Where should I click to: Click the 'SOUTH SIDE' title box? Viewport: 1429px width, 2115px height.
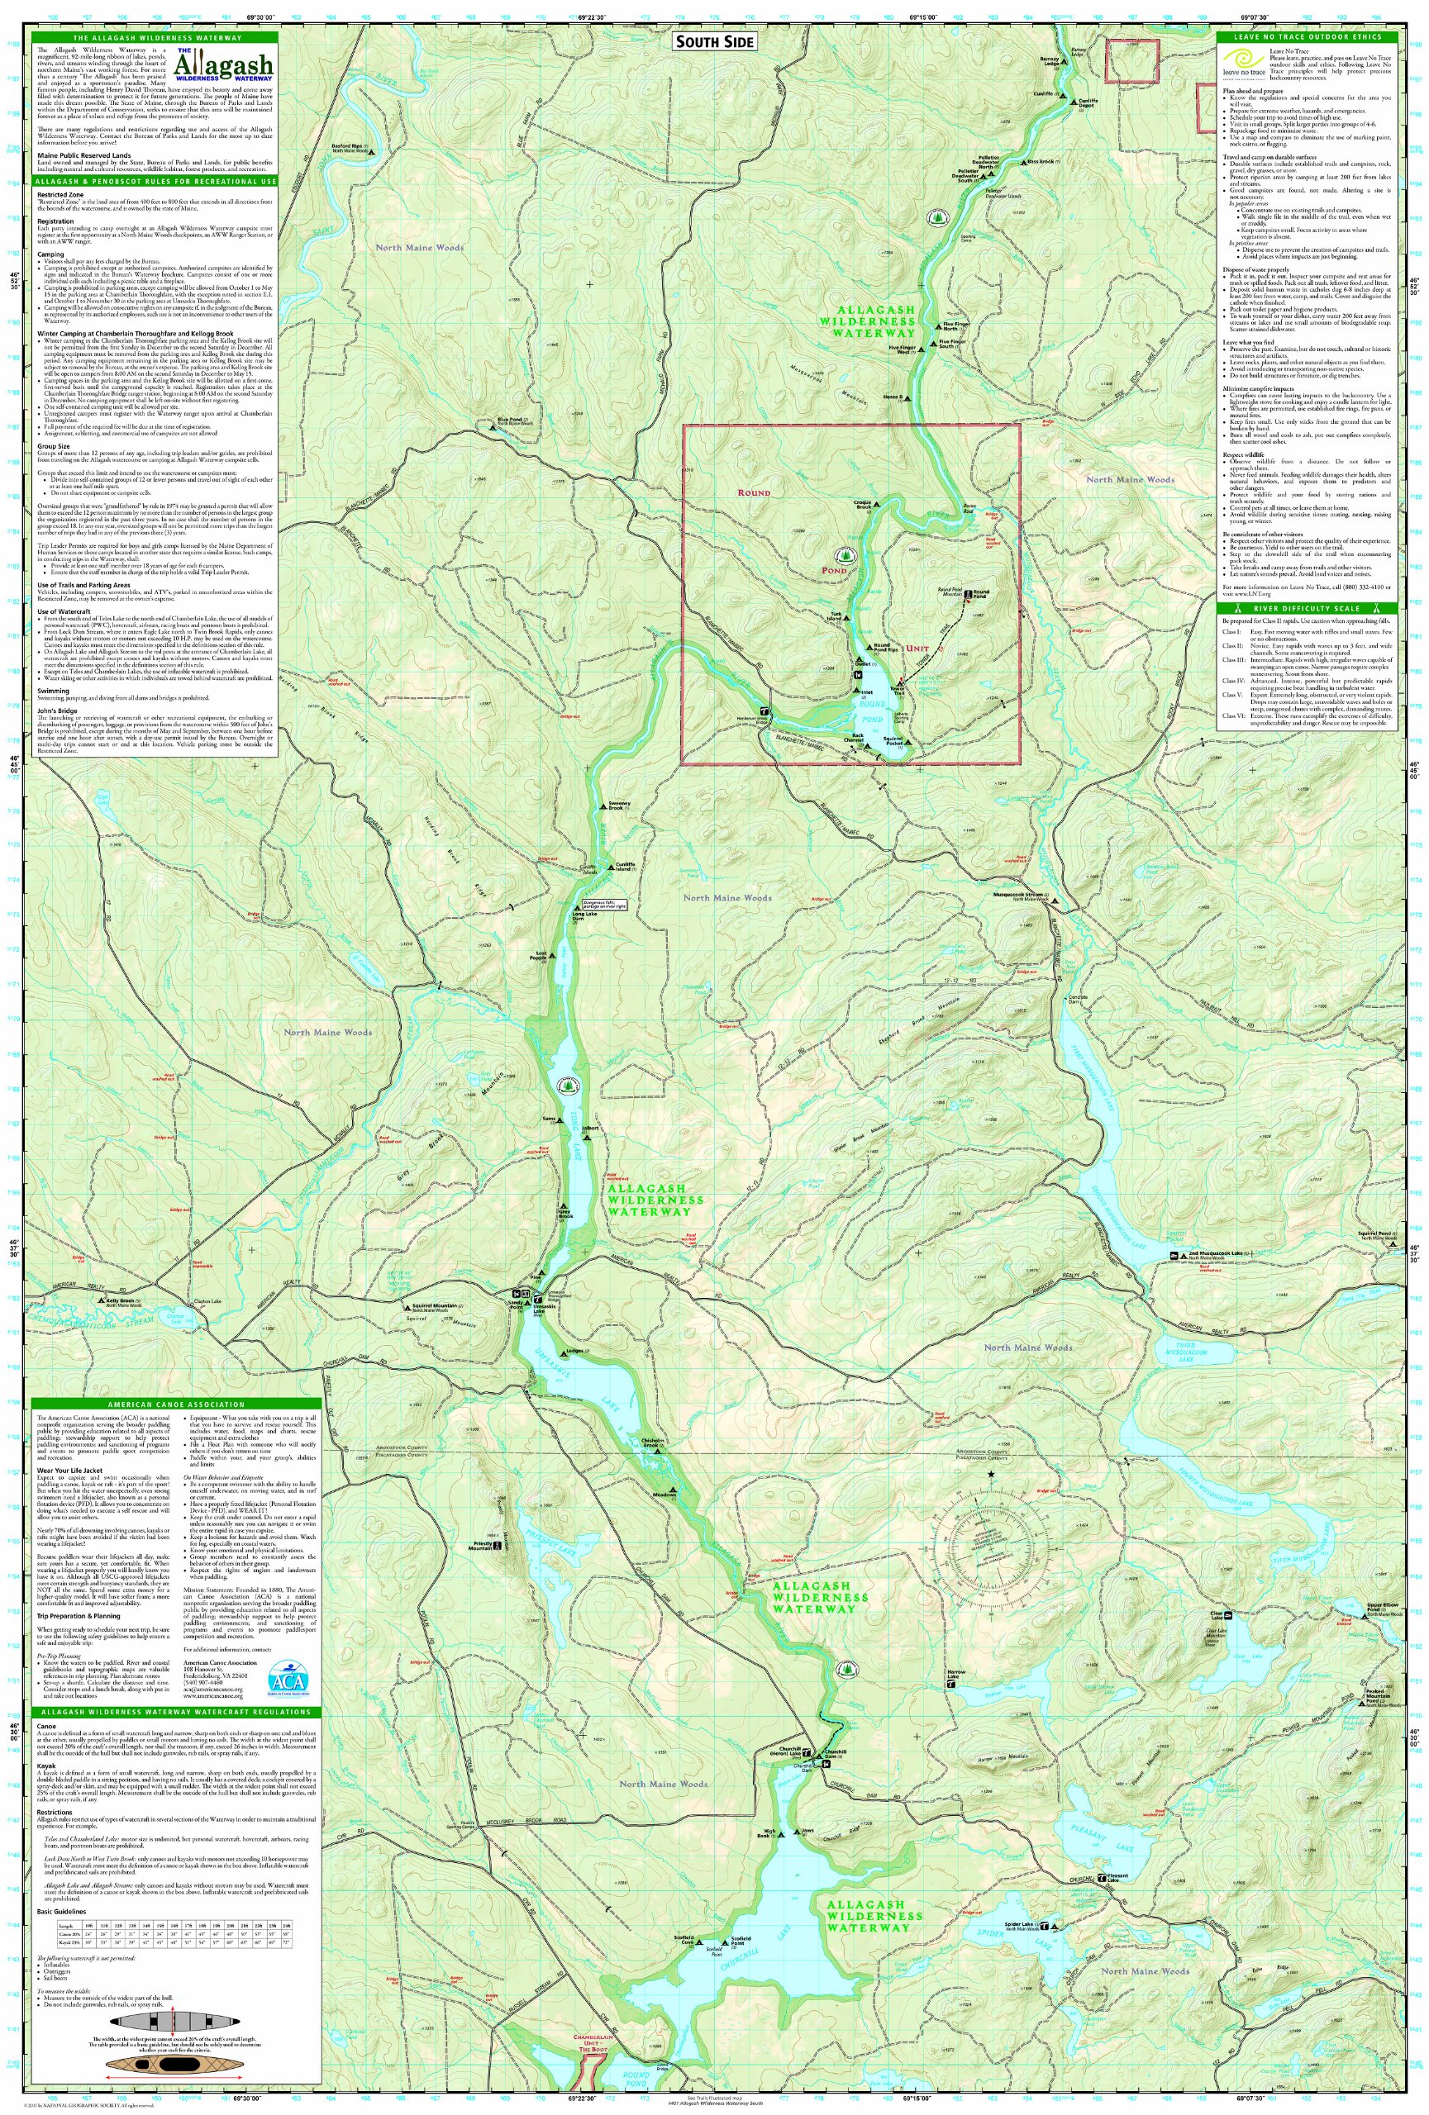(x=713, y=42)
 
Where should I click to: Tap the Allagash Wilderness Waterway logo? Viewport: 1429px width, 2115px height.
(x=223, y=65)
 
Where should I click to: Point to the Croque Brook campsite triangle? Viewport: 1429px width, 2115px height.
(x=878, y=502)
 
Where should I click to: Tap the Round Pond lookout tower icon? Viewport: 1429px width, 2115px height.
(x=901, y=681)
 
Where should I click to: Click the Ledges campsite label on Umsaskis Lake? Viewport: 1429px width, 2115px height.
(x=574, y=1352)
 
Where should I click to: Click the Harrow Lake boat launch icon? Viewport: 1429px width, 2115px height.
(x=951, y=1685)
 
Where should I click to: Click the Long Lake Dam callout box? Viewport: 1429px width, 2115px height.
(x=604, y=905)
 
